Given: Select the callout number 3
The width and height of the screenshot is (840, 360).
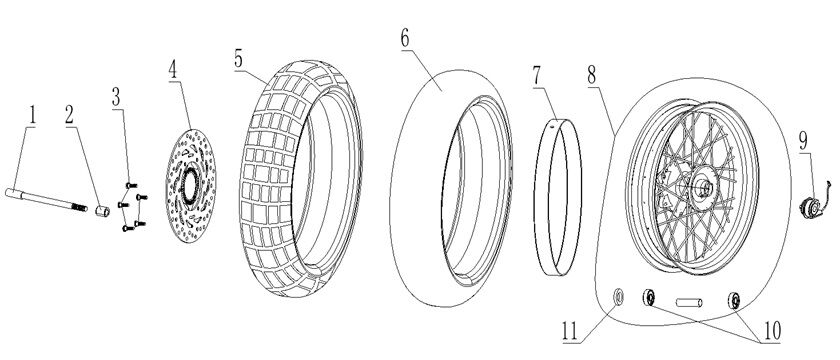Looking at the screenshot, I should pyautogui.click(x=117, y=97).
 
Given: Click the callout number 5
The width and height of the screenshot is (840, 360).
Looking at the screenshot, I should pyautogui.click(x=240, y=57).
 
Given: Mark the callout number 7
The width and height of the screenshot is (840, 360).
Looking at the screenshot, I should pyautogui.click(x=537, y=75).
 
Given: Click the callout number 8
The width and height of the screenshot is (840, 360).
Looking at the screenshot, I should pyautogui.click(x=592, y=75).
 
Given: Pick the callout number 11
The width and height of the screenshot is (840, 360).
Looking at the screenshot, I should pyautogui.click(x=568, y=331).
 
